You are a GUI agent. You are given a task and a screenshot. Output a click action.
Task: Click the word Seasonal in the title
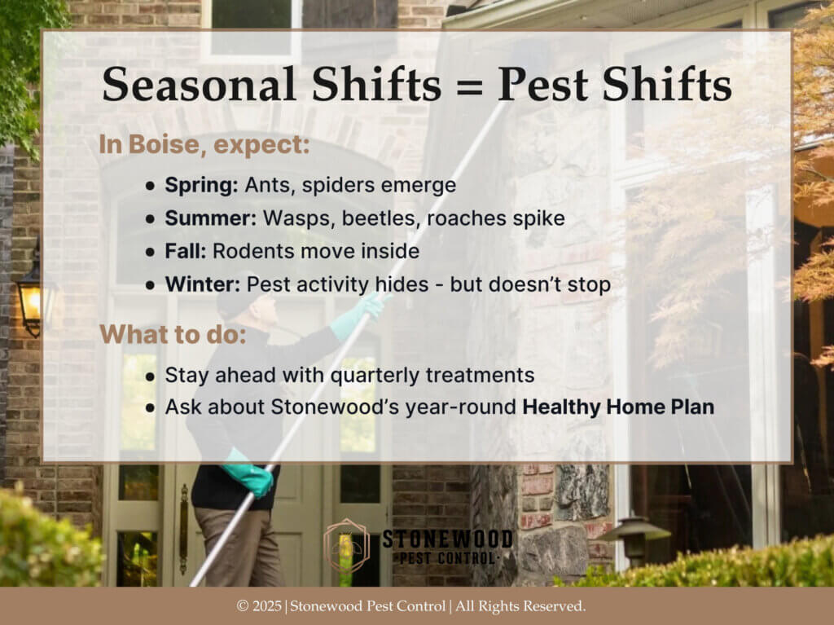(x=199, y=85)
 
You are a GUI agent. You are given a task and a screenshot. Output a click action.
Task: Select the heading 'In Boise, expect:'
(x=204, y=145)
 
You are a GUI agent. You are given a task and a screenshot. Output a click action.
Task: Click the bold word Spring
(x=202, y=186)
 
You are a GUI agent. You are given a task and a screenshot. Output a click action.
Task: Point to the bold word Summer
(x=211, y=218)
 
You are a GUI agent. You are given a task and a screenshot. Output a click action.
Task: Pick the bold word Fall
(x=185, y=251)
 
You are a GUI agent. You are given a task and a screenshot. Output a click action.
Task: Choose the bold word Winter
(x=203, y=284)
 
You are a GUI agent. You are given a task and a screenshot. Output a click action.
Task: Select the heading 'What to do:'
(x=173, y=335)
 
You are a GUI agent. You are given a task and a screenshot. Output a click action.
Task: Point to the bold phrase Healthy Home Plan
(x=618, y=407)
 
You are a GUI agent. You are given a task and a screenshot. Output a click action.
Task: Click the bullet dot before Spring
(x=151, y=187)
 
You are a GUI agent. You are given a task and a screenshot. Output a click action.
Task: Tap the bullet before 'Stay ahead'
(x=151, y=376)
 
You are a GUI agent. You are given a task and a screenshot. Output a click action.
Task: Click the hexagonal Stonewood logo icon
(x=346, y=546)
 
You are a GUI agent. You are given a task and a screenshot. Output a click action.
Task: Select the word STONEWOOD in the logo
(x=447, y=539)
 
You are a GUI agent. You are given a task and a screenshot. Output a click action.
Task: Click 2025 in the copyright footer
(x=267, y=606)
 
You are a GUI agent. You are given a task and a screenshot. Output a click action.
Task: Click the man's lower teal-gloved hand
(x=249, y=473)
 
